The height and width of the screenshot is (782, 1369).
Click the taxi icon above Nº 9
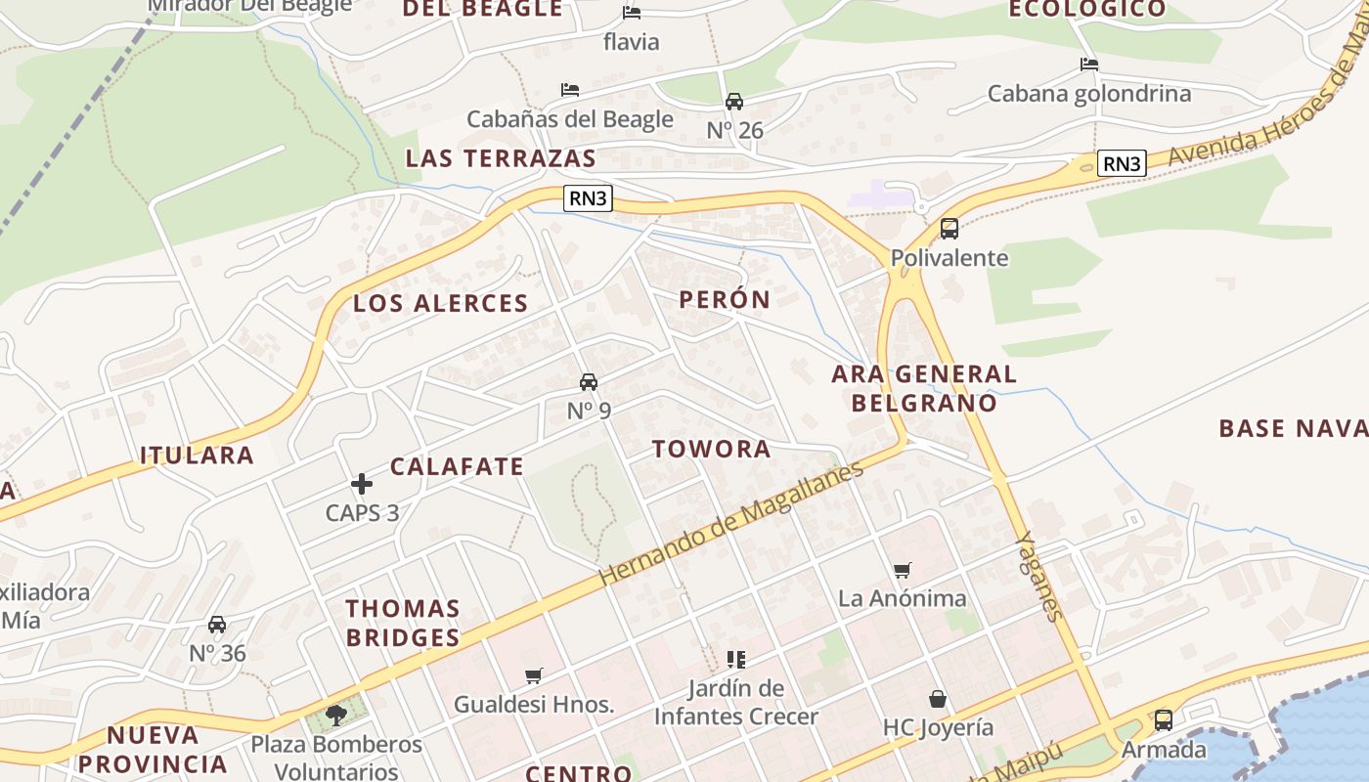pos(588,381)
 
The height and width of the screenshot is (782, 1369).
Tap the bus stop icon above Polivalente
pos(949,229)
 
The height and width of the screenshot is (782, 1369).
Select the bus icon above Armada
pos(1163,720)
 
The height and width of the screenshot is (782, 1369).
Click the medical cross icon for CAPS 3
pos(362,483)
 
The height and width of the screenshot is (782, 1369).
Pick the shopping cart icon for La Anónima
pos(902,570)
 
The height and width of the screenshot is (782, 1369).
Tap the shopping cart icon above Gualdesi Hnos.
pos(533,675)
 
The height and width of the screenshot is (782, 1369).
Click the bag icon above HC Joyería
pos(937,699)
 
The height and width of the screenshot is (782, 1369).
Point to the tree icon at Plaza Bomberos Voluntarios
pos(335,715)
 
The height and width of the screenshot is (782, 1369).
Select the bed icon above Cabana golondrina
pos(1088,65)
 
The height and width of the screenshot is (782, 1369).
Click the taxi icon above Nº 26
pos(733,101)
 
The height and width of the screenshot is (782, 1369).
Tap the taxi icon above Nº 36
pos(217,624)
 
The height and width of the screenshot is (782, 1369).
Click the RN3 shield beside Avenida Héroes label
pos(1121,163)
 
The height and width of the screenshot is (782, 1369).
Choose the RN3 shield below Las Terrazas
pos(588,198)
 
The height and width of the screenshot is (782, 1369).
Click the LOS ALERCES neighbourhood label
pos(440,303)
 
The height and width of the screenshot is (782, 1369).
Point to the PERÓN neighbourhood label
pos(725,299)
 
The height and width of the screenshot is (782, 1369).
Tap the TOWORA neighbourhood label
pos(712,449)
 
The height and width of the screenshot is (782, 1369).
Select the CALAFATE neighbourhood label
pos(457,466)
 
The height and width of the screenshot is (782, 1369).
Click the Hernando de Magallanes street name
pos(731,523)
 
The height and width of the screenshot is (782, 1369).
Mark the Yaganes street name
pos(1038,576)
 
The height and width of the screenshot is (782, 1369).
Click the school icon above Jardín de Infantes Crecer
pos(735,660)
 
